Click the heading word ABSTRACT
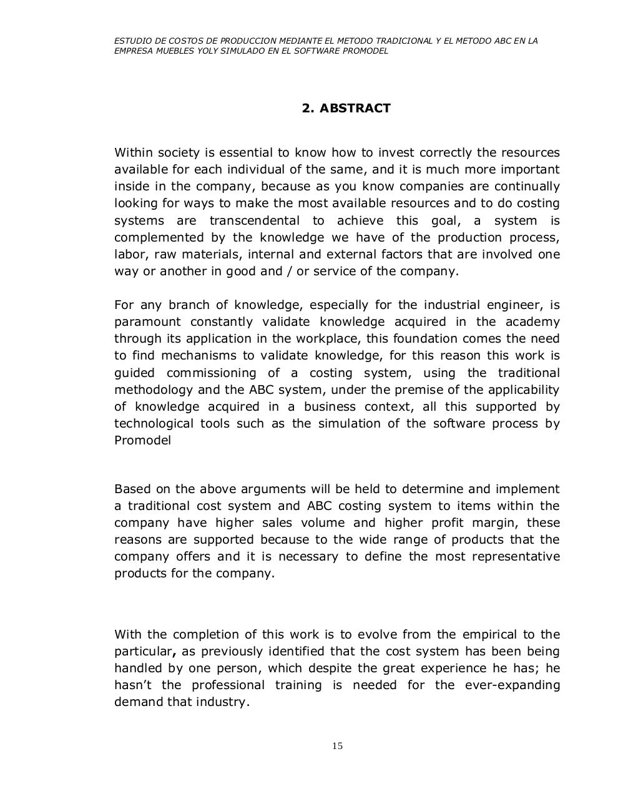tap(355, 108)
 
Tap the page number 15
tap(338, 746)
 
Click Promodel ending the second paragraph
tap(142, 440)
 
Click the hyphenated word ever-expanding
tap(513, 685)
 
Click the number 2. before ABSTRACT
tap(307, 108)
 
